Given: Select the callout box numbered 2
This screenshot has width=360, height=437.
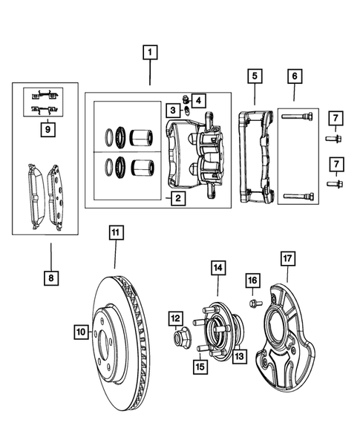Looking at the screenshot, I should pyautogui.click(x=177, y=198).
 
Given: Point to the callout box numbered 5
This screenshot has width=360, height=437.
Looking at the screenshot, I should pyautogui.click(x=255, y=76).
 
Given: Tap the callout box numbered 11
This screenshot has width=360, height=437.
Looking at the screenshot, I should pyautogui.click(x=116, y=234).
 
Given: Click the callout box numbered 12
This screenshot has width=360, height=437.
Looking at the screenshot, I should pyautogui.click(x=175, y=318).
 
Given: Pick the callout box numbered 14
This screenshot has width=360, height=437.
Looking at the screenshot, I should pyautogui.click(x=219, y=267).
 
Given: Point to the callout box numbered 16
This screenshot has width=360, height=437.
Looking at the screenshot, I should pyautogui.click(x=252, y=280).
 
